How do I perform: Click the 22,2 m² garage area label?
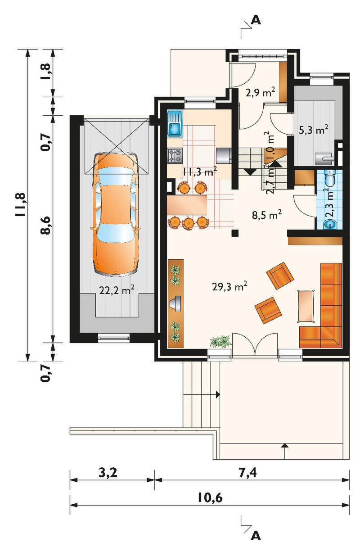pos(117,289)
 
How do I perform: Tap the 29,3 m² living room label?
pos(229,286)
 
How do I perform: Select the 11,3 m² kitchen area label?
pos(200,171)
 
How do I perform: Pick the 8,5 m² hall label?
pos(267,214)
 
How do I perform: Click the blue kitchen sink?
pos(175,124)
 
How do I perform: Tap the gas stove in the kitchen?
pos(175,155)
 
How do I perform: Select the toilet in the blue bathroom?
pos(330,178)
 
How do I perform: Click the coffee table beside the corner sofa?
pos(306,306)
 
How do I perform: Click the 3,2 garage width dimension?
pos(108,473)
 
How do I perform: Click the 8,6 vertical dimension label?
pos(45,225)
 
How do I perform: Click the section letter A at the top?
pos(256,20)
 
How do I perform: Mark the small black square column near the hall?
pos(235,233)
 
